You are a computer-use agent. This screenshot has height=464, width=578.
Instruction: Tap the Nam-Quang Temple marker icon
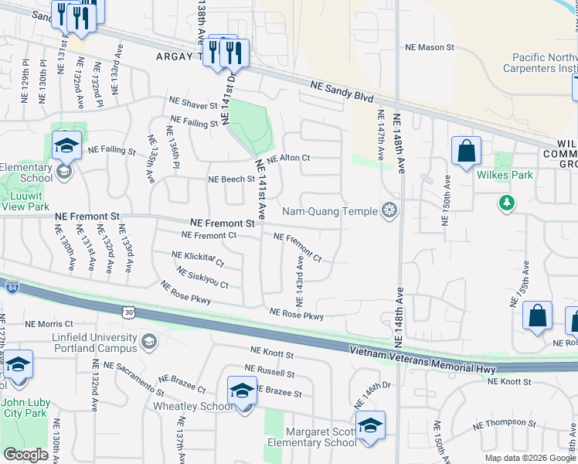390,210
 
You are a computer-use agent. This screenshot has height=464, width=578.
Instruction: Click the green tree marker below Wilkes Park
506,203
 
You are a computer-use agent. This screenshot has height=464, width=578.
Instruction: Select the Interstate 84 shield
11,288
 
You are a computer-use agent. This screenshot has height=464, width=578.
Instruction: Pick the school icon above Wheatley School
242,390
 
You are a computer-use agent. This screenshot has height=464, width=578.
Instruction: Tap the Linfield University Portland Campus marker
149,341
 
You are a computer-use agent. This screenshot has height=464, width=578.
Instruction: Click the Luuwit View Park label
25,201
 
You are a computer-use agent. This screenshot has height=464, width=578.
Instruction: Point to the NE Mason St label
430,47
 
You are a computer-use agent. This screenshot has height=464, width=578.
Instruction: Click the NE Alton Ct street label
284,158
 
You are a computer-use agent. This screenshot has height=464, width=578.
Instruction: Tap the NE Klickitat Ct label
198,258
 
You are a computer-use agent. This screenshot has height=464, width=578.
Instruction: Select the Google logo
25,455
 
